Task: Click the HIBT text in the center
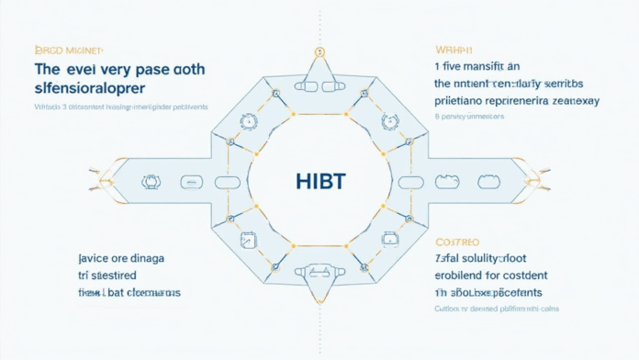pyautogui.click(x=321, y=181)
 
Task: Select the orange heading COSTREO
pyautogui.click(x=456, y=242)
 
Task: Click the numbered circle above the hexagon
pyautogui.click(x=319, y=52)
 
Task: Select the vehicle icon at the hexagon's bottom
pyautogui.click(x=319, y=272)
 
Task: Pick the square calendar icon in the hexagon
pyautogui.click(x=246, y=241)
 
